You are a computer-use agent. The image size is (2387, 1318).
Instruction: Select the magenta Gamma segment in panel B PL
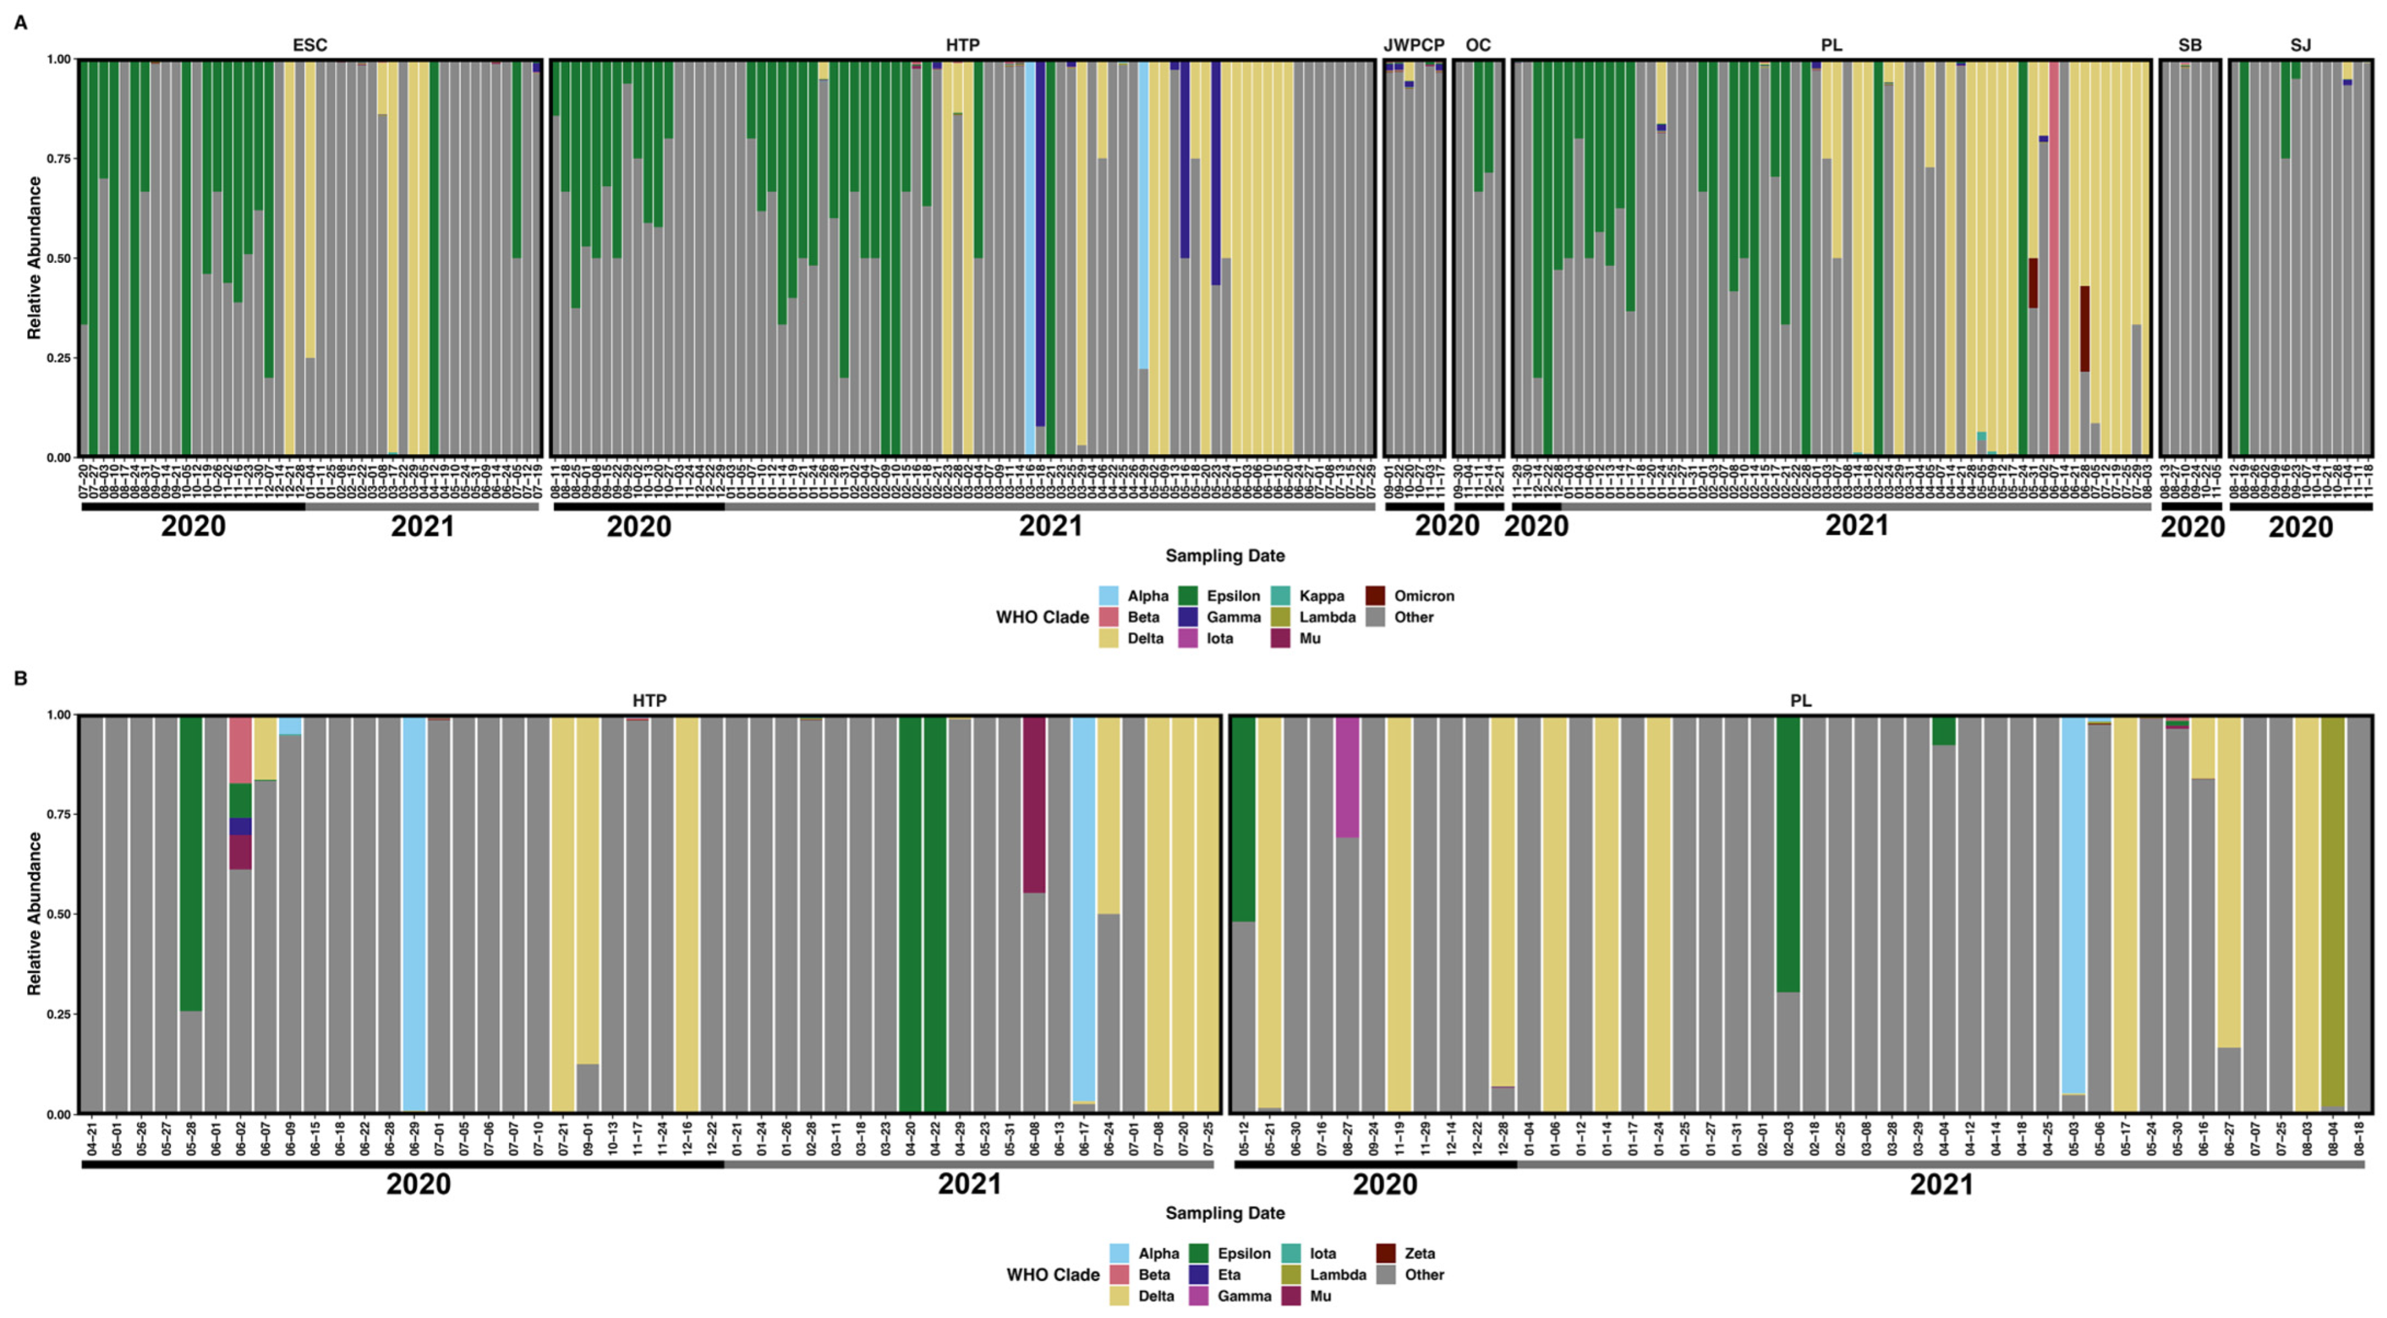[1347, 777]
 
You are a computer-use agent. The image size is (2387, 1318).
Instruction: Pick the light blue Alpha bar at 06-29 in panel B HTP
[414, 913]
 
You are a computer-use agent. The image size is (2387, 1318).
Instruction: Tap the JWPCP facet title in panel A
[1414, 44]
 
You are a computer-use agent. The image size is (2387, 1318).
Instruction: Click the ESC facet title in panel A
[310, 44]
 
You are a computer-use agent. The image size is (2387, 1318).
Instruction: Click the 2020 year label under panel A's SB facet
[2192, 527]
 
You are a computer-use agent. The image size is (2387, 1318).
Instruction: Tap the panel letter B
[21, 679]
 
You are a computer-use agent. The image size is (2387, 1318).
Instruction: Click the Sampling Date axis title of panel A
[1224, 555]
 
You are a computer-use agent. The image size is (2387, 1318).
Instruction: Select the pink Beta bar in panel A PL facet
[2053, 260]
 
